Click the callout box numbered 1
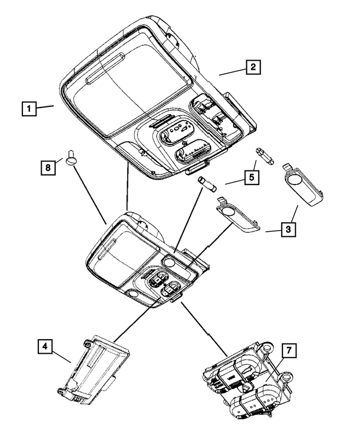click(29, 107)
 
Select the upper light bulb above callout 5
click(265, 156)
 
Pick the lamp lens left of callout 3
click(238, 217)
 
